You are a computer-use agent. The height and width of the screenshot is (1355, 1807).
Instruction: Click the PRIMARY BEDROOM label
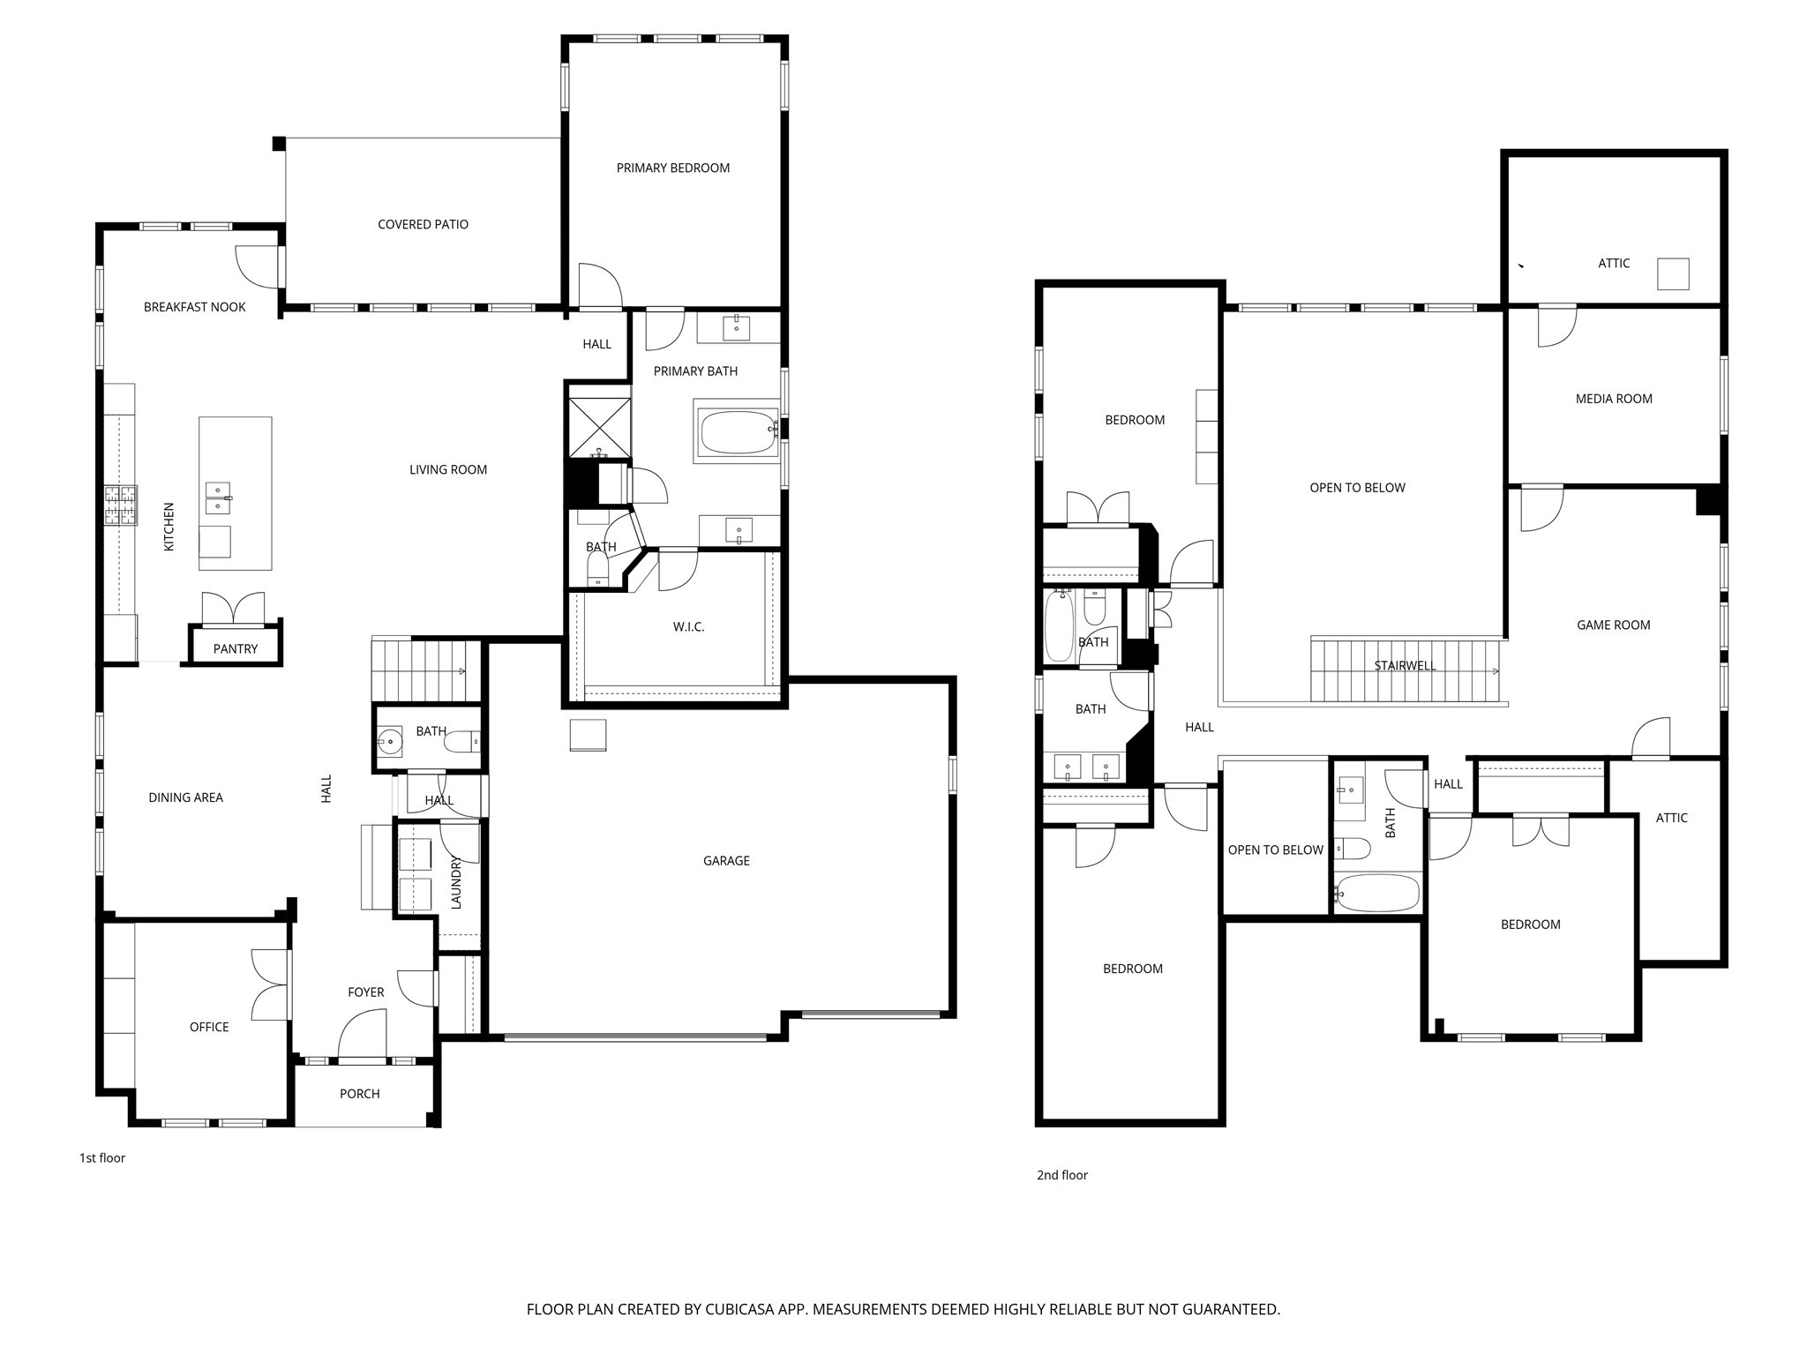[x=672, y=168]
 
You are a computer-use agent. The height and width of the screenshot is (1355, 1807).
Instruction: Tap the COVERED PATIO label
[x=423, y=224]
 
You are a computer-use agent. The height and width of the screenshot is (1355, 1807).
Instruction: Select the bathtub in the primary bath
[x=738, y=431]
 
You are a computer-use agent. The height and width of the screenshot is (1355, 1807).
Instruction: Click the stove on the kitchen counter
[x=122, y=505]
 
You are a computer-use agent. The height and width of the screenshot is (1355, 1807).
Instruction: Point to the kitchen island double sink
[x=218, y=498]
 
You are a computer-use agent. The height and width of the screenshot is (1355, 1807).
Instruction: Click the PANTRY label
[x=236, y=648]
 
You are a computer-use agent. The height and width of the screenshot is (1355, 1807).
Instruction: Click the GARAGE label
[x=726, y=860]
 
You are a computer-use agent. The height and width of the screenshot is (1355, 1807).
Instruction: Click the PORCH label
[x=360, y=1093]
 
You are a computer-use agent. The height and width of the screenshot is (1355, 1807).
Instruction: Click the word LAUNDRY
[x=456, y=882]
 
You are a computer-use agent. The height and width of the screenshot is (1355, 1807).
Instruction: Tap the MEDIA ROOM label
[x=1614, y=399]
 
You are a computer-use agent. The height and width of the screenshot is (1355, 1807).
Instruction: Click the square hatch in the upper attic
[x=1672, y=273]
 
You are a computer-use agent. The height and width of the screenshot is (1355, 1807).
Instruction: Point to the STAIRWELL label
[x=1405, y=665]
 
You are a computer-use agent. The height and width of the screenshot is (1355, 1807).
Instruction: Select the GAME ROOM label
[x=1613, y=625]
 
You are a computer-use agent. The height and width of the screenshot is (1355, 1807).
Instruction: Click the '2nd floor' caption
[x=1061, y=1175]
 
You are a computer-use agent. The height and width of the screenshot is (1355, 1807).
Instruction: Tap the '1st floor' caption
[x=102, y=1157]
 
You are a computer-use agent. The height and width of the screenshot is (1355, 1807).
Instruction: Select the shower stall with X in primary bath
[x=599, y=427]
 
